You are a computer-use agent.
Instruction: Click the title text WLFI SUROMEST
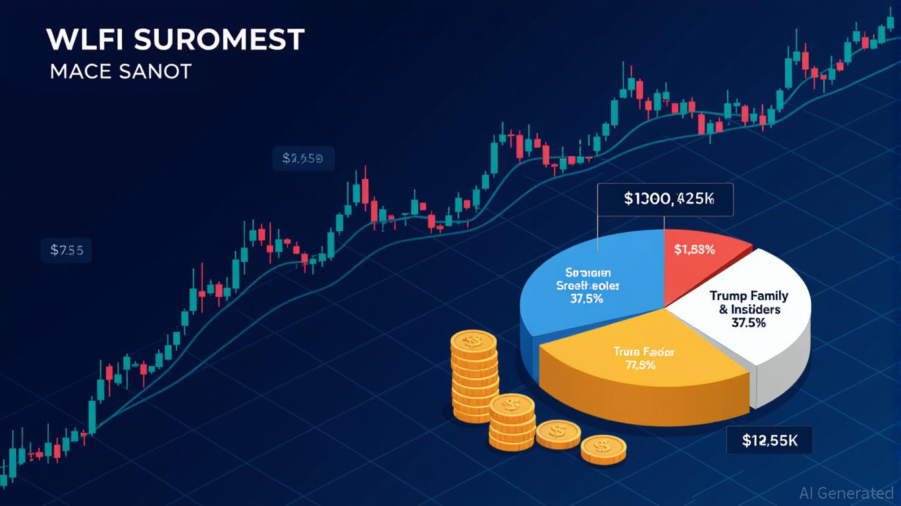click(175, 40)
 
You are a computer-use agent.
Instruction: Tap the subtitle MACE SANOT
click(121, 71)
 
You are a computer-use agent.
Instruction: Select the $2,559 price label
click(303, 159)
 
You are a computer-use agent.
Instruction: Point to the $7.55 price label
click(67, 250)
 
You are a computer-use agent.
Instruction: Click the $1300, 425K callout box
click(665, 199)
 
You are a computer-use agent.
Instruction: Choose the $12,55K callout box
click(769, 441)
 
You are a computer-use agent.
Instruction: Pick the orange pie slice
click(632, 376)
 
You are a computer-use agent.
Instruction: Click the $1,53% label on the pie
click(694, 250)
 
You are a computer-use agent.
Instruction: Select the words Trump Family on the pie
click(749, 296)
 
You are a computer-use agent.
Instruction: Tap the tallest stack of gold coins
click(473, 376)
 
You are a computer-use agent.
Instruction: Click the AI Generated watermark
click(846, 493)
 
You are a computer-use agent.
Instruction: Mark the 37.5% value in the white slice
click(748, 323)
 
